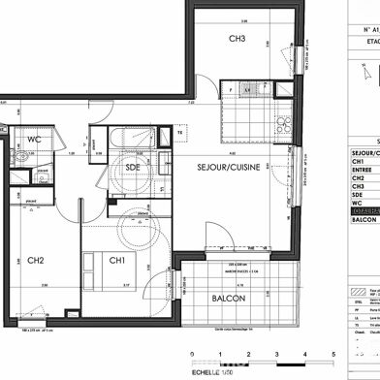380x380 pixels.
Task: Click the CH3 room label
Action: [237, 39]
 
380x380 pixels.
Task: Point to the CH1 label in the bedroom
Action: [115, 260]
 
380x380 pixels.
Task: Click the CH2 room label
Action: [35, 260]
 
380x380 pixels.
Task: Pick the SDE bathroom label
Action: [135, 167]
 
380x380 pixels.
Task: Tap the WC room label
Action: [34, 140]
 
